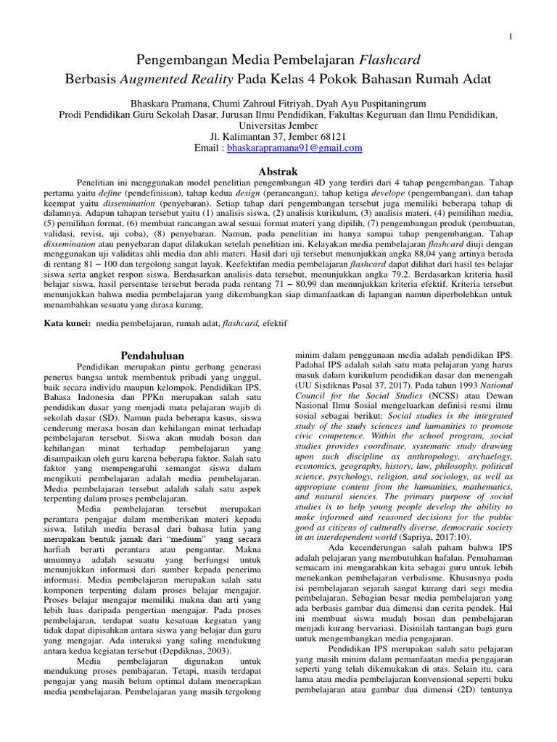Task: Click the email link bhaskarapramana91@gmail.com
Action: click(294, 148)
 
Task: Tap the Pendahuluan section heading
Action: click(152, 356)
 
